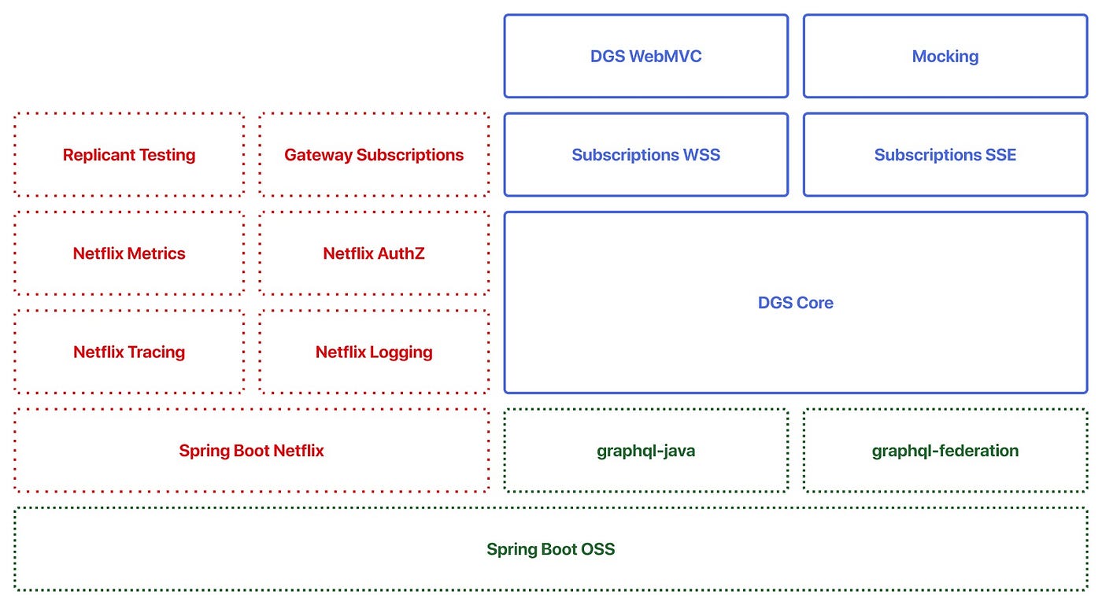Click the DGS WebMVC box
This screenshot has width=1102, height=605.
pyautogui.click(x=645, y=57)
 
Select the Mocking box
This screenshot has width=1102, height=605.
pyautogui.click(x=945, y=57)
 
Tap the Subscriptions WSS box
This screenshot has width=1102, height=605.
pyautogui.click(x=645, y=155)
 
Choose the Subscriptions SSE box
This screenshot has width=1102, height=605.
pyautogui.click(x=945, y=155)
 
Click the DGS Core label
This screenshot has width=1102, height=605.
pyautogui.click(x=795, y=303)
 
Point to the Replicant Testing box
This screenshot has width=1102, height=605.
pyautogui.click(x=129, y=155)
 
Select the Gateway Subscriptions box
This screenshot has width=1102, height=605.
pyautogui.click(x=374, y=155)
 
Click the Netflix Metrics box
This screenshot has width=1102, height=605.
pyautogui.click(x=129, y=253)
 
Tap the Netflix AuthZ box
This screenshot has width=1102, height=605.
pyautogui.click(x=374, y=253)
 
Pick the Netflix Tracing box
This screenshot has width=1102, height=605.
pyautogui.click(x=129, y=352)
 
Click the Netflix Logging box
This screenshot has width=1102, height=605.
pyautogui.click(x=374, y=352)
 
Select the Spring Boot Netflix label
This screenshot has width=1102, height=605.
pyautogui.click(x=251, y=451)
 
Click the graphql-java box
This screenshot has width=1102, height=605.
pyautogui.click(x=645, y=451)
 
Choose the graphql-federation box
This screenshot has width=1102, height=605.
pyautogui.click(x=945, y=451)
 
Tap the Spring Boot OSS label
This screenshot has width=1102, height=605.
pyautogui.click(x=550, y=549)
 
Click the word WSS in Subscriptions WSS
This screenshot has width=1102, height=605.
pyautogui.click(x=702, y=155)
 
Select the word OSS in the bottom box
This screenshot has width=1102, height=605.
pyautogui.click(x=597, y=549)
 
